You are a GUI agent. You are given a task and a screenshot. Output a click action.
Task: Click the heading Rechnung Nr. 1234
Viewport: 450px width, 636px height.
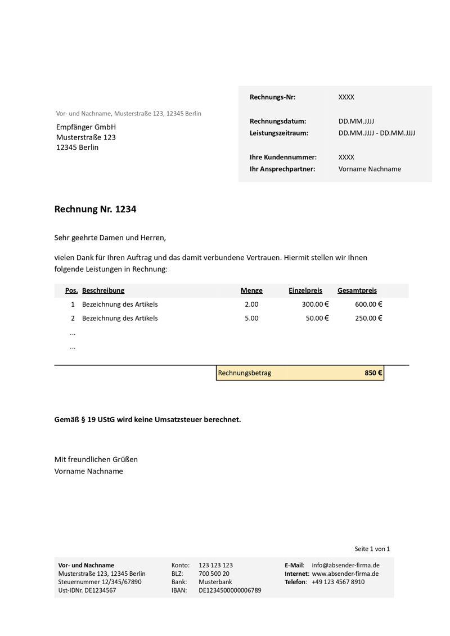95,209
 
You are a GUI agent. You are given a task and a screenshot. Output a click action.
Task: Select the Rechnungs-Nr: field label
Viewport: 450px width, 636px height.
272,97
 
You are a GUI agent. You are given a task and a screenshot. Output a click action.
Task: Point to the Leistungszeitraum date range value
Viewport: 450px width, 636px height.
376,133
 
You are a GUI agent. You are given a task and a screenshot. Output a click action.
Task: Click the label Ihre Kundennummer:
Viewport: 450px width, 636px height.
283,157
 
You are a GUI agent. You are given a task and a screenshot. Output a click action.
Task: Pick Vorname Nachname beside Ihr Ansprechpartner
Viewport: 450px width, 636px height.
370,169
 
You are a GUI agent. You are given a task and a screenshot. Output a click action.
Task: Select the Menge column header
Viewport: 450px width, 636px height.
251,290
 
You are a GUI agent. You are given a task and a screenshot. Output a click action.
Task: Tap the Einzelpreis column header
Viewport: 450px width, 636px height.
305,290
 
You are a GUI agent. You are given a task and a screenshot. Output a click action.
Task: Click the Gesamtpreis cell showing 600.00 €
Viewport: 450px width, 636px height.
368,304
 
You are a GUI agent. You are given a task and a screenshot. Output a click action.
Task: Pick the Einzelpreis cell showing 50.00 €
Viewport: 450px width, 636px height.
317,318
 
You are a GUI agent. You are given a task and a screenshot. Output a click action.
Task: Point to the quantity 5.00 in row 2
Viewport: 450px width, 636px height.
251,318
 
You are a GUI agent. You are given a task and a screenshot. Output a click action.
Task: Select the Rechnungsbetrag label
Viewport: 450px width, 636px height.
244,373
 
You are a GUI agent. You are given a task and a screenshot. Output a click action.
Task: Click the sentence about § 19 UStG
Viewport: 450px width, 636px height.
147,419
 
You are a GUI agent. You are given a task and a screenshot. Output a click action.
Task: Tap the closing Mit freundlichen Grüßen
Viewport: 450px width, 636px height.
96,459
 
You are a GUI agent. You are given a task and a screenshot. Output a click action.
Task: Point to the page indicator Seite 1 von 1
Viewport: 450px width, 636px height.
372,549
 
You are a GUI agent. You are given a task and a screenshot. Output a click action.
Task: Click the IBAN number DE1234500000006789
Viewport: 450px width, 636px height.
229,590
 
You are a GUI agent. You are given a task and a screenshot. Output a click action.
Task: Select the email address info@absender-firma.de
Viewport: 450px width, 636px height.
345,565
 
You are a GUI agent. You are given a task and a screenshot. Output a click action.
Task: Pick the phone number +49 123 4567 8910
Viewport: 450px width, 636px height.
338,582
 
